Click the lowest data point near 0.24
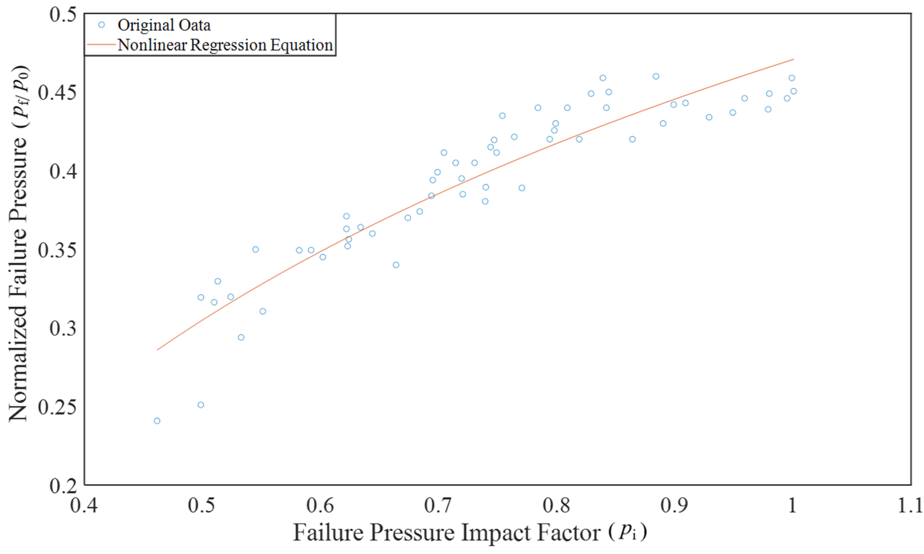157,421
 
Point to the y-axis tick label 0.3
63,328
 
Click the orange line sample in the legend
101,44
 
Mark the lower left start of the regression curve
157,350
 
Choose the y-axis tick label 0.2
63,485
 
